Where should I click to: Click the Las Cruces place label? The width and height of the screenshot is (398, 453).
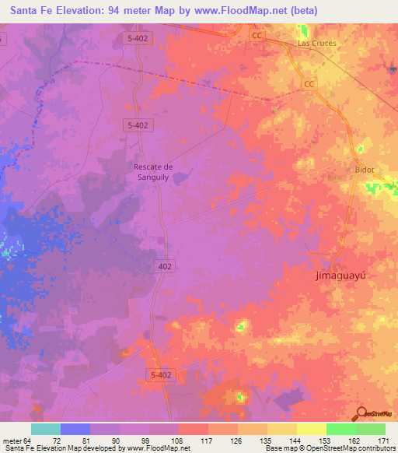(x=317, y=44)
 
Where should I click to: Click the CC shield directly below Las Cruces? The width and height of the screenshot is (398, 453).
(x=309, y=84)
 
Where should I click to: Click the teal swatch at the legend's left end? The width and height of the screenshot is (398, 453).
(x=45, y=428)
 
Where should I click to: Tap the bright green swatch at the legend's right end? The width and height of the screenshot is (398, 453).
(x=370, y=428)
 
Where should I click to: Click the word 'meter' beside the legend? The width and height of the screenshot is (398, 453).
(x=9, y=440)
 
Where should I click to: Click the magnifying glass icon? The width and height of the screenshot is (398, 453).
(x=361, y=413)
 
